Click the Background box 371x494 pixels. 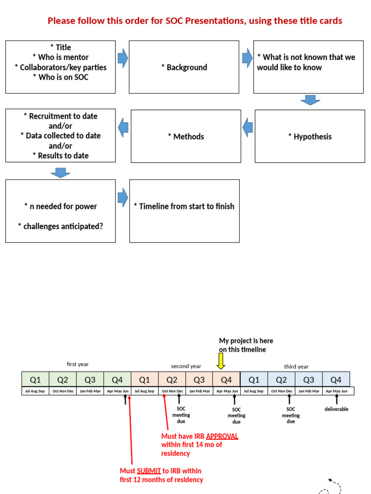coord(184,67)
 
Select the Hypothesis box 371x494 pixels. coord(310,137)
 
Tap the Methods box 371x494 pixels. coord(185,137)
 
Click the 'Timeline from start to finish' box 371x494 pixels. coord(184,211)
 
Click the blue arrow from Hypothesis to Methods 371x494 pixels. coord(247,127)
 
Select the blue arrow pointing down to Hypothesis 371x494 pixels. coord(310,100)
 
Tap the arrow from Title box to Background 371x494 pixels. coord(123,58)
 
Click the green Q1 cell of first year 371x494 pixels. coord(35,380)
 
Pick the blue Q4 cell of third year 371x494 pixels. coord(336,380)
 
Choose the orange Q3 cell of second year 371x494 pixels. coord(199,380)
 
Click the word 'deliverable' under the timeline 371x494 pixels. coord(336,409)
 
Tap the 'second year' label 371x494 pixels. coord(186,366)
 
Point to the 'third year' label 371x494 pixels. coord(296,366)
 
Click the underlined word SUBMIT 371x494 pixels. coord(149,470)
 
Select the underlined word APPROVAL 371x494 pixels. coord(222,436)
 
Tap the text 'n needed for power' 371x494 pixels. coord(60,206)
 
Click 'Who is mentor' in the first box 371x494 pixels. coord(60,57)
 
